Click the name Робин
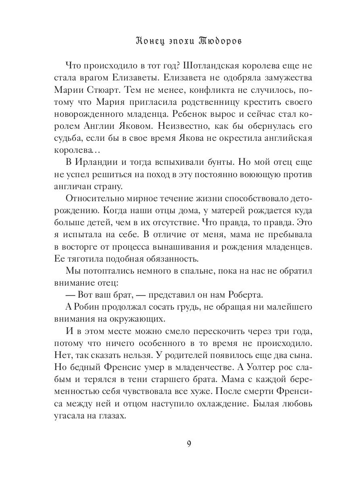[90, 307]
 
